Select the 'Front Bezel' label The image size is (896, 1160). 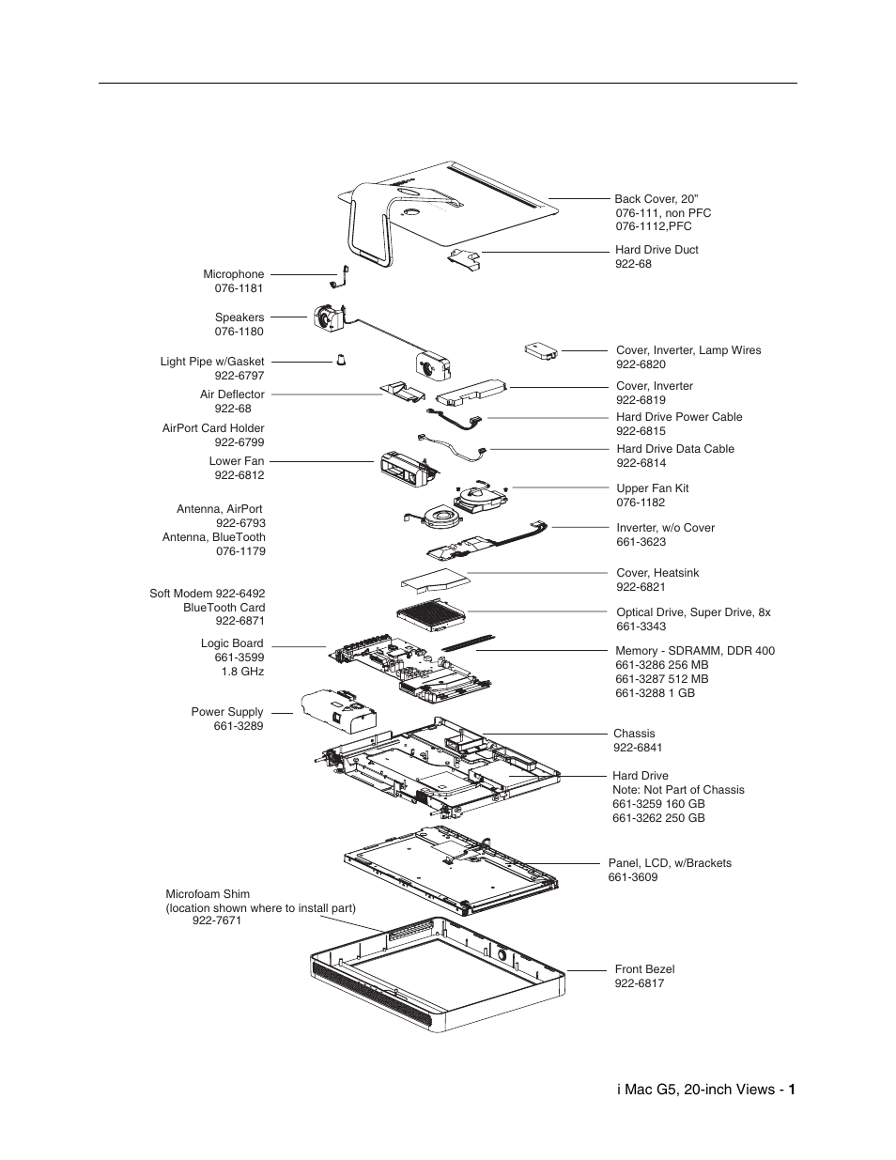pos(644,969)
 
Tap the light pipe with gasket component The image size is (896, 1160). pos(342,361)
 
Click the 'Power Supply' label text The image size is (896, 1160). pos(227,712)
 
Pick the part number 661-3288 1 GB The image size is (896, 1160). pos(655,693)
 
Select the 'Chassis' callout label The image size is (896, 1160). pos(634,734)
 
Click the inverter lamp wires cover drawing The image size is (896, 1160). pos(540,351)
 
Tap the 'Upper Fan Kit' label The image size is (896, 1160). pos(652,488)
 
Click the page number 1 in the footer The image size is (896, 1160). pos(793,1090)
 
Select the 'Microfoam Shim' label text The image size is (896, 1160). pos(208,894)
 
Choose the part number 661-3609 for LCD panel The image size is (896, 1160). pos(633,877)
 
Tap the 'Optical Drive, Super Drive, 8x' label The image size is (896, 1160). pos(693,612)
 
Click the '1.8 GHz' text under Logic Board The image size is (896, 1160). pos(242,672)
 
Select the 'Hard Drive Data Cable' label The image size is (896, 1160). pos(675,449)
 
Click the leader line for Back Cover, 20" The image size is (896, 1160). pos(579,199)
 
